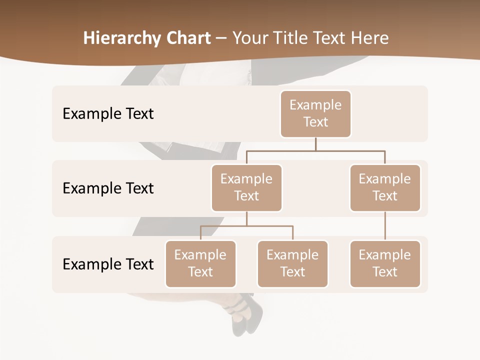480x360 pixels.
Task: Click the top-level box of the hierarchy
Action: pyautogui.click(x=315, y=113)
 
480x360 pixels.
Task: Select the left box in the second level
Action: pyautogui.click(x=246, y=187)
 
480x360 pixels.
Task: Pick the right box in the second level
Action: pyautogui.click(x=385, y=187)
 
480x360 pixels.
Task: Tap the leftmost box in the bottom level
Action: pyautogui.click(x=200, y=263)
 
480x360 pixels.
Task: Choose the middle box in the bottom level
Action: pyautogui.click(x=292, y=263)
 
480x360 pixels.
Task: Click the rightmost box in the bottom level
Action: pyautogui.click(x=385, y=263)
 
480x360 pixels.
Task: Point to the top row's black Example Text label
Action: pyautogui.click(x=108, y=114)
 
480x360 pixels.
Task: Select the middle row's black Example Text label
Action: pyautogui.click(x=108, y=188)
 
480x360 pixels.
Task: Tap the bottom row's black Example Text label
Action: pyautogui.click(x=108, y=264)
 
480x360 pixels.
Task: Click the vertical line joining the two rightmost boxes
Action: pyautogui.click(x=385, y=226)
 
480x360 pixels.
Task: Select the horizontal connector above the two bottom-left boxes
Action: pyautogui.click(x=246, y=226)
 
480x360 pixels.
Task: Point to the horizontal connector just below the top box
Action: pyautogui.click(x=315, y=150)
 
